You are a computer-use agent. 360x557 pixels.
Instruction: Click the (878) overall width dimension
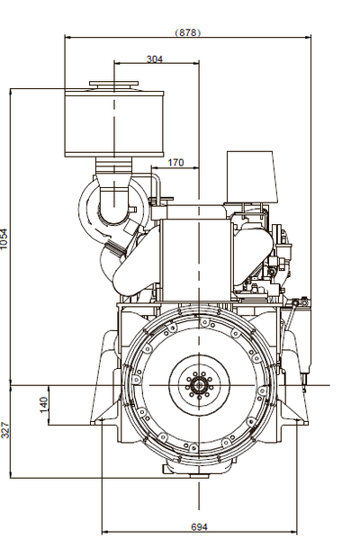[x=187, y=32]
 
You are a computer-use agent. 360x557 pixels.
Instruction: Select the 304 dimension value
[x=155, y=59]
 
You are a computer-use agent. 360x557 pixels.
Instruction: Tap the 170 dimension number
[x=175, y=163]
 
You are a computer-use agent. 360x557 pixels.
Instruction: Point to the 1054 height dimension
[x=4, y=238]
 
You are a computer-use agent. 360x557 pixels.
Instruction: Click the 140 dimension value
[x=44, y=405]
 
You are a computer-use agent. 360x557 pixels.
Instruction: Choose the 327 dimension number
[x=4, y=430]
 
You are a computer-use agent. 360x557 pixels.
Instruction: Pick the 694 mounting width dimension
[x=199, y=526]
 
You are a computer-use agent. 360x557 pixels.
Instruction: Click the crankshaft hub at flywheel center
[x=199, y=385]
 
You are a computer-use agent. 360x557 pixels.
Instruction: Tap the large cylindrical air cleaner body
[x=114, y=124]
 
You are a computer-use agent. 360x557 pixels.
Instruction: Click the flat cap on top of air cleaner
[x=113, y=84]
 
